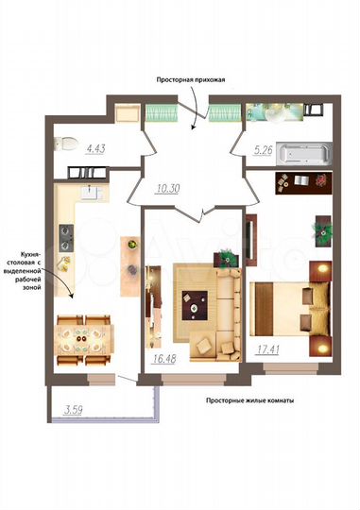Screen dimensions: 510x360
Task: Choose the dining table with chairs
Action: [84, 337]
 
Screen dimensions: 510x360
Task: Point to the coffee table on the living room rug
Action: [195, 305]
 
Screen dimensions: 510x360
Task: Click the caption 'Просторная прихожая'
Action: [194, 82]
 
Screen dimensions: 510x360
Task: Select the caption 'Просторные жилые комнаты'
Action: [249, 400]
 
